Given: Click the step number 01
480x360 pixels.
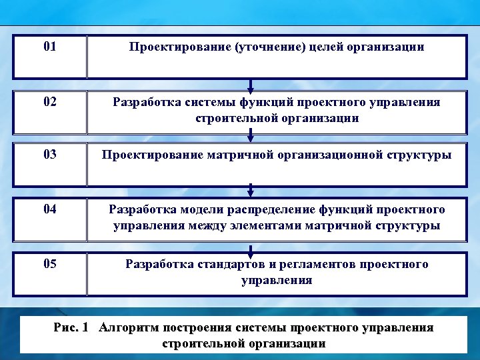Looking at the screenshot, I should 49,47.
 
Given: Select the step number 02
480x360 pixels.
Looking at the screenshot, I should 49,102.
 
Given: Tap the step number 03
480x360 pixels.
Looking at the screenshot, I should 49,155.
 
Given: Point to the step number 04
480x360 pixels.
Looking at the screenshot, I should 49,209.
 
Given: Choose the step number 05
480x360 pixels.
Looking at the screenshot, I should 49,264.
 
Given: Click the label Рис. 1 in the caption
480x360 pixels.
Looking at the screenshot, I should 71,328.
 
